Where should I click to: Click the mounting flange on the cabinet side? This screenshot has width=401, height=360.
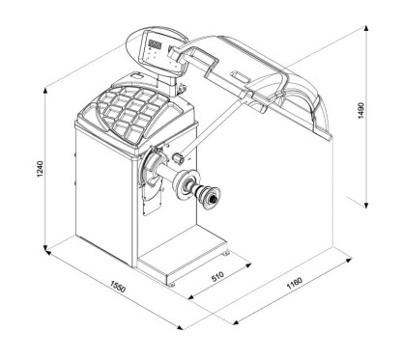click(156, 172)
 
